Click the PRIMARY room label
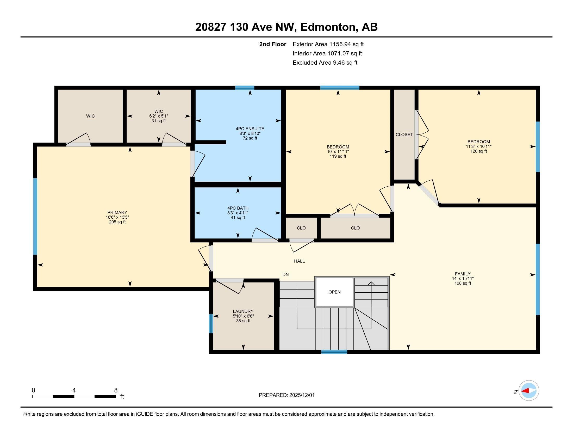click(x=117, y=212)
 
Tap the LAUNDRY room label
click(x=243, y=311)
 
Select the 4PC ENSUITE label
click(x=250, y=128)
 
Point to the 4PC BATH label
click(x=238, y=208)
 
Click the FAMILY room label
click(x=463, y=273)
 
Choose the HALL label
click(x=299, y=261)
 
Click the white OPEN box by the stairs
click(x=334, y=292)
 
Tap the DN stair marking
click(x=285, y=274)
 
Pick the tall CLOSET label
click(x=404, y=134)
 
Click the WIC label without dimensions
click(x=91, y=116)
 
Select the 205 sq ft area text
click(x=117, y=222)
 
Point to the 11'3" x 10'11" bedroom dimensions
click(x=479, y=146)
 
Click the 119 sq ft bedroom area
click(x=338, y=156)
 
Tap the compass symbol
click(x=529, y=391)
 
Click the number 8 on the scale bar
click(x=116, y=390)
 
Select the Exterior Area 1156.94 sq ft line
click(x=328, y=44)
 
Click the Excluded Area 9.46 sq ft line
click(x=325, y=63)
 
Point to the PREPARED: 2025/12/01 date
click(x=287, y=395)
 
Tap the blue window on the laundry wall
click(x=211, y=324)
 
